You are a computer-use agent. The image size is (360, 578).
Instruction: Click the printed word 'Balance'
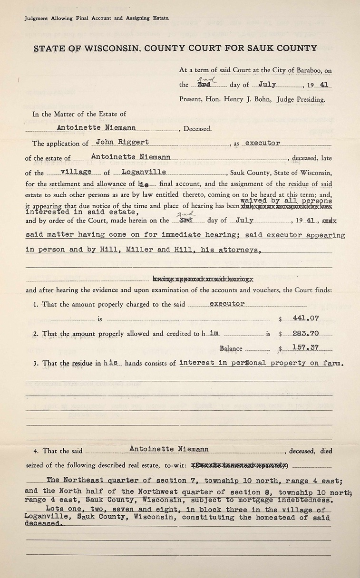click(x=231, y=348)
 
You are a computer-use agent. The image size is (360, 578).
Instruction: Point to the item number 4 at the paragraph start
click(x=36, y=451)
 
